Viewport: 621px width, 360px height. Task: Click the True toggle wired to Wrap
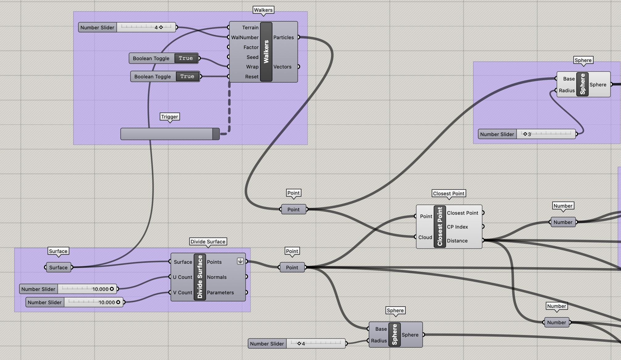tap(186, 58)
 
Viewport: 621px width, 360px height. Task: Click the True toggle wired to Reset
tap(187, 77)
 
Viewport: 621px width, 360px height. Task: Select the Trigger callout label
tap(170, 117)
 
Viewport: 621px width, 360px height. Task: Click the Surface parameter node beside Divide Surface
tap(58, 267)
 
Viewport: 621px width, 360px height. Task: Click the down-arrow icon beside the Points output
tap(240, 261)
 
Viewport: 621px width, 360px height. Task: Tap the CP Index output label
tap(457, 227)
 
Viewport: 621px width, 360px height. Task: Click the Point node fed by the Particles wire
tap(293, 209)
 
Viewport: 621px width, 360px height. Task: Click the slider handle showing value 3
tap(525, 134)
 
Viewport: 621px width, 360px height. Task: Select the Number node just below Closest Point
tap(563, 222)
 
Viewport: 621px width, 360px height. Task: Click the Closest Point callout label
tap(449, 193)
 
